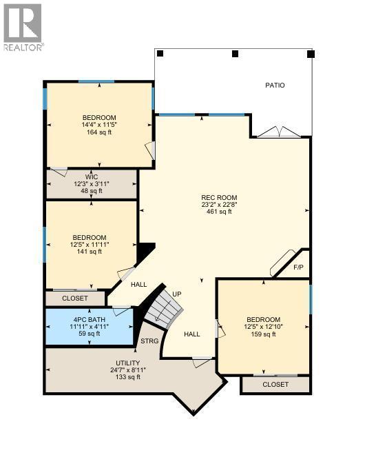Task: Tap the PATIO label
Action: (275, 85)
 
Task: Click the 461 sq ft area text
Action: (220, 212)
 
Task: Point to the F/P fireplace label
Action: (298, 267)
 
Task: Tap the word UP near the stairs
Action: (176, 294)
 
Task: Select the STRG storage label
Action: (149, 341)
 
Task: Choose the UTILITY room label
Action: (127, 363)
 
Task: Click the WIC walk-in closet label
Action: (92, 177)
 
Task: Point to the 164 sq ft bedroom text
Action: (99, 132)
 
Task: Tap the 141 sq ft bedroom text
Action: (90, 252)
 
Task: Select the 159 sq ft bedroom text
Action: (264, 334)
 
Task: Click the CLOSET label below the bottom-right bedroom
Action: (275, 385)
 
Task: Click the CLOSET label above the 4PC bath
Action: (75, 299)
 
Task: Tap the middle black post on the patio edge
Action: (235, 53)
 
